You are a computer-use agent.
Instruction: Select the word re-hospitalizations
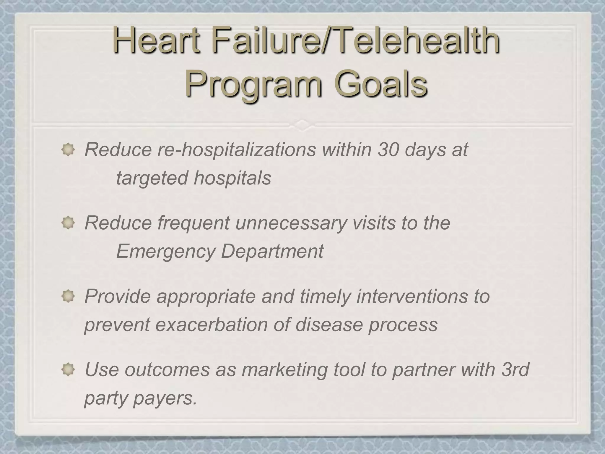click(236, 150)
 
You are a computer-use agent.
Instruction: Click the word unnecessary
click(291, 223)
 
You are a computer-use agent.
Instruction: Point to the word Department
click(272, 252)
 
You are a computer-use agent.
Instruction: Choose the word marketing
click(284, 370)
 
